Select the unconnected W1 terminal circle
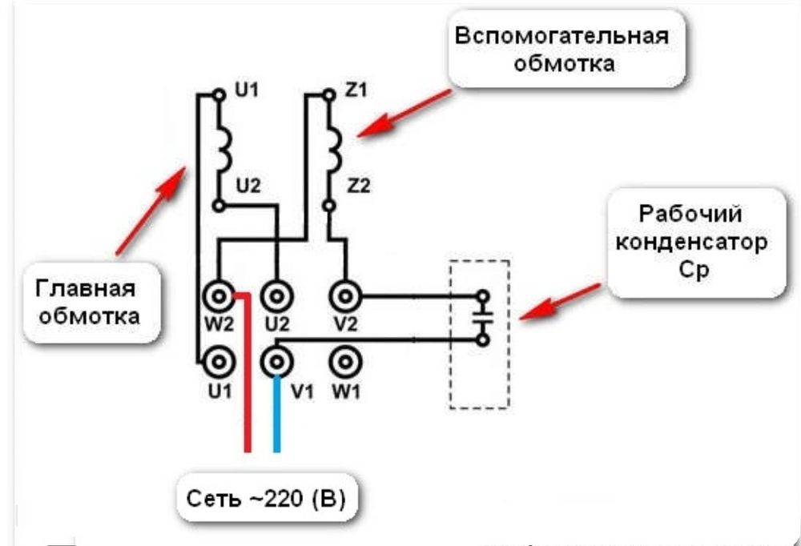(x=345, y=362)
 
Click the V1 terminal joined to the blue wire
(x=276, y=362)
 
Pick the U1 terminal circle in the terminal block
(x=218, y=362)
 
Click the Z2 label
(x=357, y=187)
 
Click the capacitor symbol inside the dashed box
(x=481, y=318)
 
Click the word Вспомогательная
(x=561, y=38)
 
